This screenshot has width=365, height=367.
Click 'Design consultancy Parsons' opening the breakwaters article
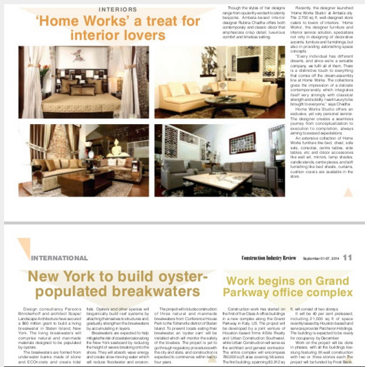(52, 310)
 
